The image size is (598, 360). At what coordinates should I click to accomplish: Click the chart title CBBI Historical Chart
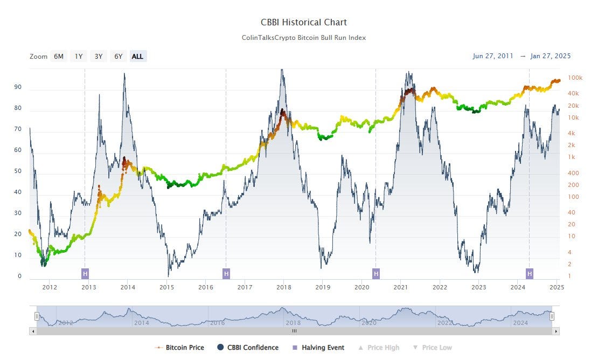pos(304,23)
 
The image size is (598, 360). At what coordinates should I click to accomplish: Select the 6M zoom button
pos(59,56)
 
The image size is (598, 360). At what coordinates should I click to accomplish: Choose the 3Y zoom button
pos(98,56)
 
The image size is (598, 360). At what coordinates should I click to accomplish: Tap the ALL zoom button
pos(137,56)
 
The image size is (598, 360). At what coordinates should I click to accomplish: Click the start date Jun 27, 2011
pos(493,56)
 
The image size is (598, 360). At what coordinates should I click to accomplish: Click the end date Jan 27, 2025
pos(550,56)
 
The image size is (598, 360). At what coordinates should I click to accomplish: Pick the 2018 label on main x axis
pos(284,288)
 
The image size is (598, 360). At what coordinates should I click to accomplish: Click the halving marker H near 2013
pos(85,273)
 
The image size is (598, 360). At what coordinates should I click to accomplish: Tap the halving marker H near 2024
pos(530,273)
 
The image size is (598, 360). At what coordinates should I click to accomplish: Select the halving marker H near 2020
pos(376,273)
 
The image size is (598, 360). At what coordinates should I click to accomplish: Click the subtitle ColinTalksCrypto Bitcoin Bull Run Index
pos(304,38)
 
